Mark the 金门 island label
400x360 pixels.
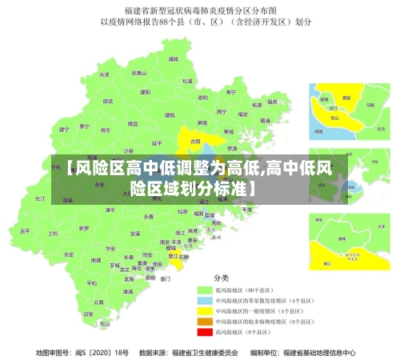[x=165, y=279]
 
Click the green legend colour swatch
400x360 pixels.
[x=204, y=290]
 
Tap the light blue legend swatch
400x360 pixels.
[x=204, y=300]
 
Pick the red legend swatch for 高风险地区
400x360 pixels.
[x=204, y=331]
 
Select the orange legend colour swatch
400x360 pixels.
[x=204, y=321]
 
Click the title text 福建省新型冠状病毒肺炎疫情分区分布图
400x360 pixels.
[x=200, y=11]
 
